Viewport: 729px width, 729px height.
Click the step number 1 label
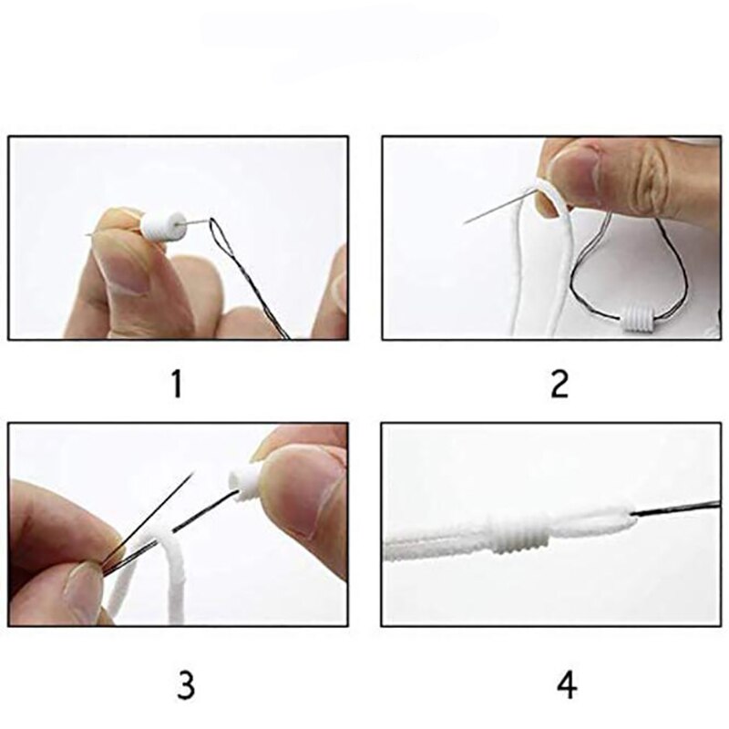176,385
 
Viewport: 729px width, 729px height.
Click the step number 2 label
559,385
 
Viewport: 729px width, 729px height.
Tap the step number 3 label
185,685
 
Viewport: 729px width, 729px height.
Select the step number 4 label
566,685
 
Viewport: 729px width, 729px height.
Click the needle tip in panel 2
467,222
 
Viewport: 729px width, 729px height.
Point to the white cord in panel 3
164,583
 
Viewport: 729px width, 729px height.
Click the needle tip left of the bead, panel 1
91,236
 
